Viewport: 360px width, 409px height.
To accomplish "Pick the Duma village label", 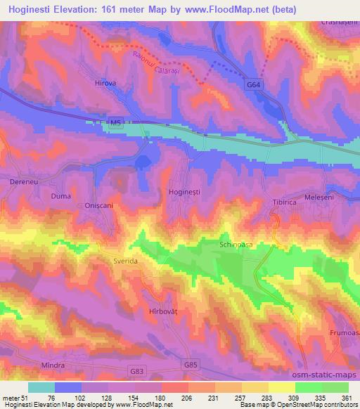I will pyautogui.click(x=60, y=196).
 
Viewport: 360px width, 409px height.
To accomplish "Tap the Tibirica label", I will pyautogui.click(x=285, y=202).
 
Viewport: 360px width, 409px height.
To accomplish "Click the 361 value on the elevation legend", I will pyautogui.click(x=347, y=397).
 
